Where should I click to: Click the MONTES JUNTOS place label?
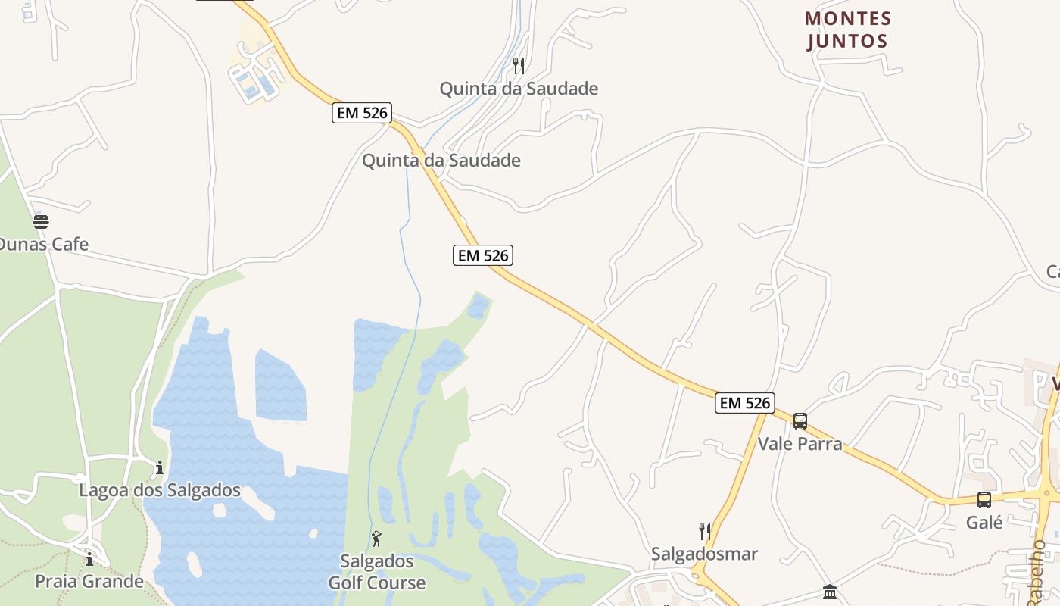point(848,29)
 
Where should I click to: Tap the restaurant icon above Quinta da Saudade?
point(519,66)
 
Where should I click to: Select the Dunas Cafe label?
point(43,244)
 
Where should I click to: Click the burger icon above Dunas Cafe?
point(41,221)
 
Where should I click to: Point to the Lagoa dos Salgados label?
point(160,490)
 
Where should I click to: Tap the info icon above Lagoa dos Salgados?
point(160,468)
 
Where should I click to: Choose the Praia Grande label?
point(89,582)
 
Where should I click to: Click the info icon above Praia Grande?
point(89,560)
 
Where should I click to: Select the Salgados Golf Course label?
point(377,572)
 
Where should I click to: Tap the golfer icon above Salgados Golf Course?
point(376,539)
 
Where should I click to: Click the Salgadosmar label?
point(704,554)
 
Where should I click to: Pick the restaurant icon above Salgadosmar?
point(705,531)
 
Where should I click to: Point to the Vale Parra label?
point(800,443)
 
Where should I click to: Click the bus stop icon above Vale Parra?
point(800,421)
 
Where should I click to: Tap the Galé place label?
point(984,522)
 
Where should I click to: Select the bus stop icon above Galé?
point(984,500)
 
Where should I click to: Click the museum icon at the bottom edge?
point(830,592)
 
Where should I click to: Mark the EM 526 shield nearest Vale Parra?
point(745,403)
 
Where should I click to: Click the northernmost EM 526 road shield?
point(362,114)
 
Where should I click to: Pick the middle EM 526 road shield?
point(483,255)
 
